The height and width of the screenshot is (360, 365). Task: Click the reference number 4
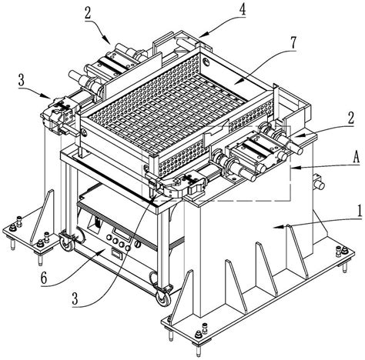tap(242, 10)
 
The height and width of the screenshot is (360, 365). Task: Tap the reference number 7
tap(293, 43)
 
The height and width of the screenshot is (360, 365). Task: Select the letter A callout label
tap(356, 158)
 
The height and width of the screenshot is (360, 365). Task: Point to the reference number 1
tap(360, 211)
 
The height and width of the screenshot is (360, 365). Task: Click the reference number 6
tap(44, 278)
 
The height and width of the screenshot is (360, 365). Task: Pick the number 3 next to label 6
tap(75, 298)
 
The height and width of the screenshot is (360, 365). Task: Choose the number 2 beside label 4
tap(88, 12)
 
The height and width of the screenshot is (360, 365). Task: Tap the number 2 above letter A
tap(350, 118)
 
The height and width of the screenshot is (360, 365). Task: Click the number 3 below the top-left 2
tap(22, 80)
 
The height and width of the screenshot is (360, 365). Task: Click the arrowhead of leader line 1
tap(280, 227)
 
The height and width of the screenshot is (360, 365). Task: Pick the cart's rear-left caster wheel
tap(67, 242)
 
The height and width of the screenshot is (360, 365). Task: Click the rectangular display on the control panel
tap(122, 234)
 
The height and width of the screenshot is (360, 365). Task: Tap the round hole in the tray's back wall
tap(206, 62)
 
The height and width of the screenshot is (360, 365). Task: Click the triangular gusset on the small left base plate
tap(42, 217)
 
